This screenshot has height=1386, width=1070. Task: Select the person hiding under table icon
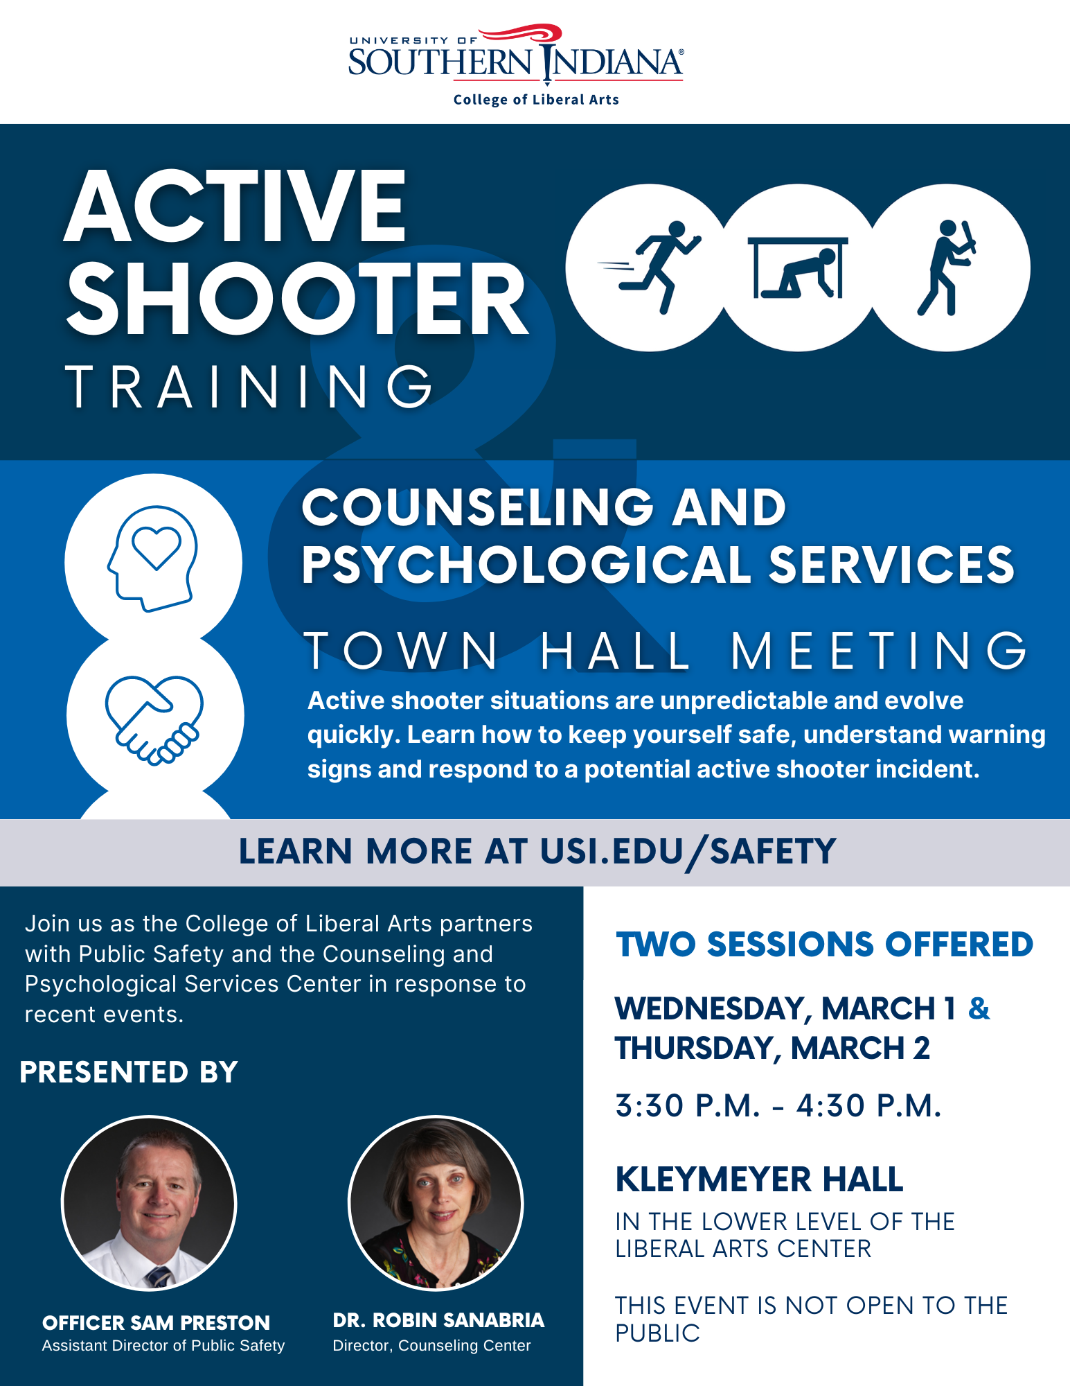798,267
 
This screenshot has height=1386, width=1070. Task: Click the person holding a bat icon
947,267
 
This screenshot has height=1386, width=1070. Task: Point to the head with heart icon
153,559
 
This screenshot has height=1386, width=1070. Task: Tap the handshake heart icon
154,720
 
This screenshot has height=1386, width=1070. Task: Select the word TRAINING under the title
249,386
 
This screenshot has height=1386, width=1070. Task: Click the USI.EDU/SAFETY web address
688,852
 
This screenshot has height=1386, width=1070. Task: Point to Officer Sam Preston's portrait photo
150,1203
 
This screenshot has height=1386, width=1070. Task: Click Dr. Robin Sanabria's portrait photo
436,1203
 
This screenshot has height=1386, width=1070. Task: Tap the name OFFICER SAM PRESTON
156,1323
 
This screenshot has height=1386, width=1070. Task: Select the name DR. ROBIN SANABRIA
438,1320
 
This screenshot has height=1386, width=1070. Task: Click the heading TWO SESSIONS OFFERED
825,945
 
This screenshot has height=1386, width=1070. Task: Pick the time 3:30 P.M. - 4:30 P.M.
778,1106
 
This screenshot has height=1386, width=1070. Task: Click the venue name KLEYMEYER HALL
760,1179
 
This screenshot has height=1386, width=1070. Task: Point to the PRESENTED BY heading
129,1072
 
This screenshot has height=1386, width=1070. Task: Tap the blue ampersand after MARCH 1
979,1008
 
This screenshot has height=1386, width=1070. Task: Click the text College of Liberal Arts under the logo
536,100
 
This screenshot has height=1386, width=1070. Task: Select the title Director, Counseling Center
431,1346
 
